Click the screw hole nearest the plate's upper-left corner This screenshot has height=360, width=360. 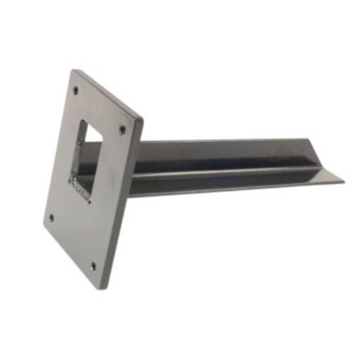76,90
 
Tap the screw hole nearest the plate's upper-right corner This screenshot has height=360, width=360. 122,129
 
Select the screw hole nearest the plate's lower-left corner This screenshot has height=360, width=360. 51,217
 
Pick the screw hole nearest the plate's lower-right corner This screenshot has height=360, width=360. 93,266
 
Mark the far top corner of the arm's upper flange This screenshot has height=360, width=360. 309,139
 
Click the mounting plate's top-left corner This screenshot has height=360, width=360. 72,71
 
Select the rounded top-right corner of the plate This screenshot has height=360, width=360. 140,119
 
